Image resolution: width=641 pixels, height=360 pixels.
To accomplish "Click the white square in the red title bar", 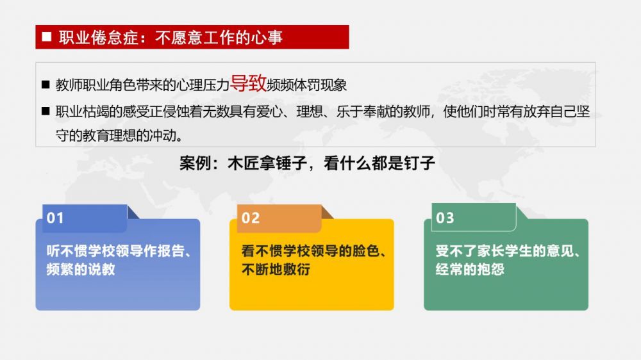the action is (47, 37).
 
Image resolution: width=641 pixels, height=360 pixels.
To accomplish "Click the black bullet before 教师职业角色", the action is (46, 85).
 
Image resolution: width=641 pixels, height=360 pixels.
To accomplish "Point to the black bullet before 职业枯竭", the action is (46, 111).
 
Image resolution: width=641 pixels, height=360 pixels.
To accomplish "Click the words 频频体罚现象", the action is (306, 85).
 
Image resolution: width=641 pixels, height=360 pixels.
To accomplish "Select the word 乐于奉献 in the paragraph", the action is (363, 111).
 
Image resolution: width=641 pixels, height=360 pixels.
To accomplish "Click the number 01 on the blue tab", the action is (55, 218).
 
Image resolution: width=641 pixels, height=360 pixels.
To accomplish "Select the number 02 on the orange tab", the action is (250, 218).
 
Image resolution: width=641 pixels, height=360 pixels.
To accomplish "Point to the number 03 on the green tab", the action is (445, 218).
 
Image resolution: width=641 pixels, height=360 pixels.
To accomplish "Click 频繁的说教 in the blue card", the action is (81, 269).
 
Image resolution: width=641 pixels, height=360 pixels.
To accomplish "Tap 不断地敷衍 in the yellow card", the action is (276, 269).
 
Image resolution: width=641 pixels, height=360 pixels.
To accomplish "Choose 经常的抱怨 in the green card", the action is (470, 269).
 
